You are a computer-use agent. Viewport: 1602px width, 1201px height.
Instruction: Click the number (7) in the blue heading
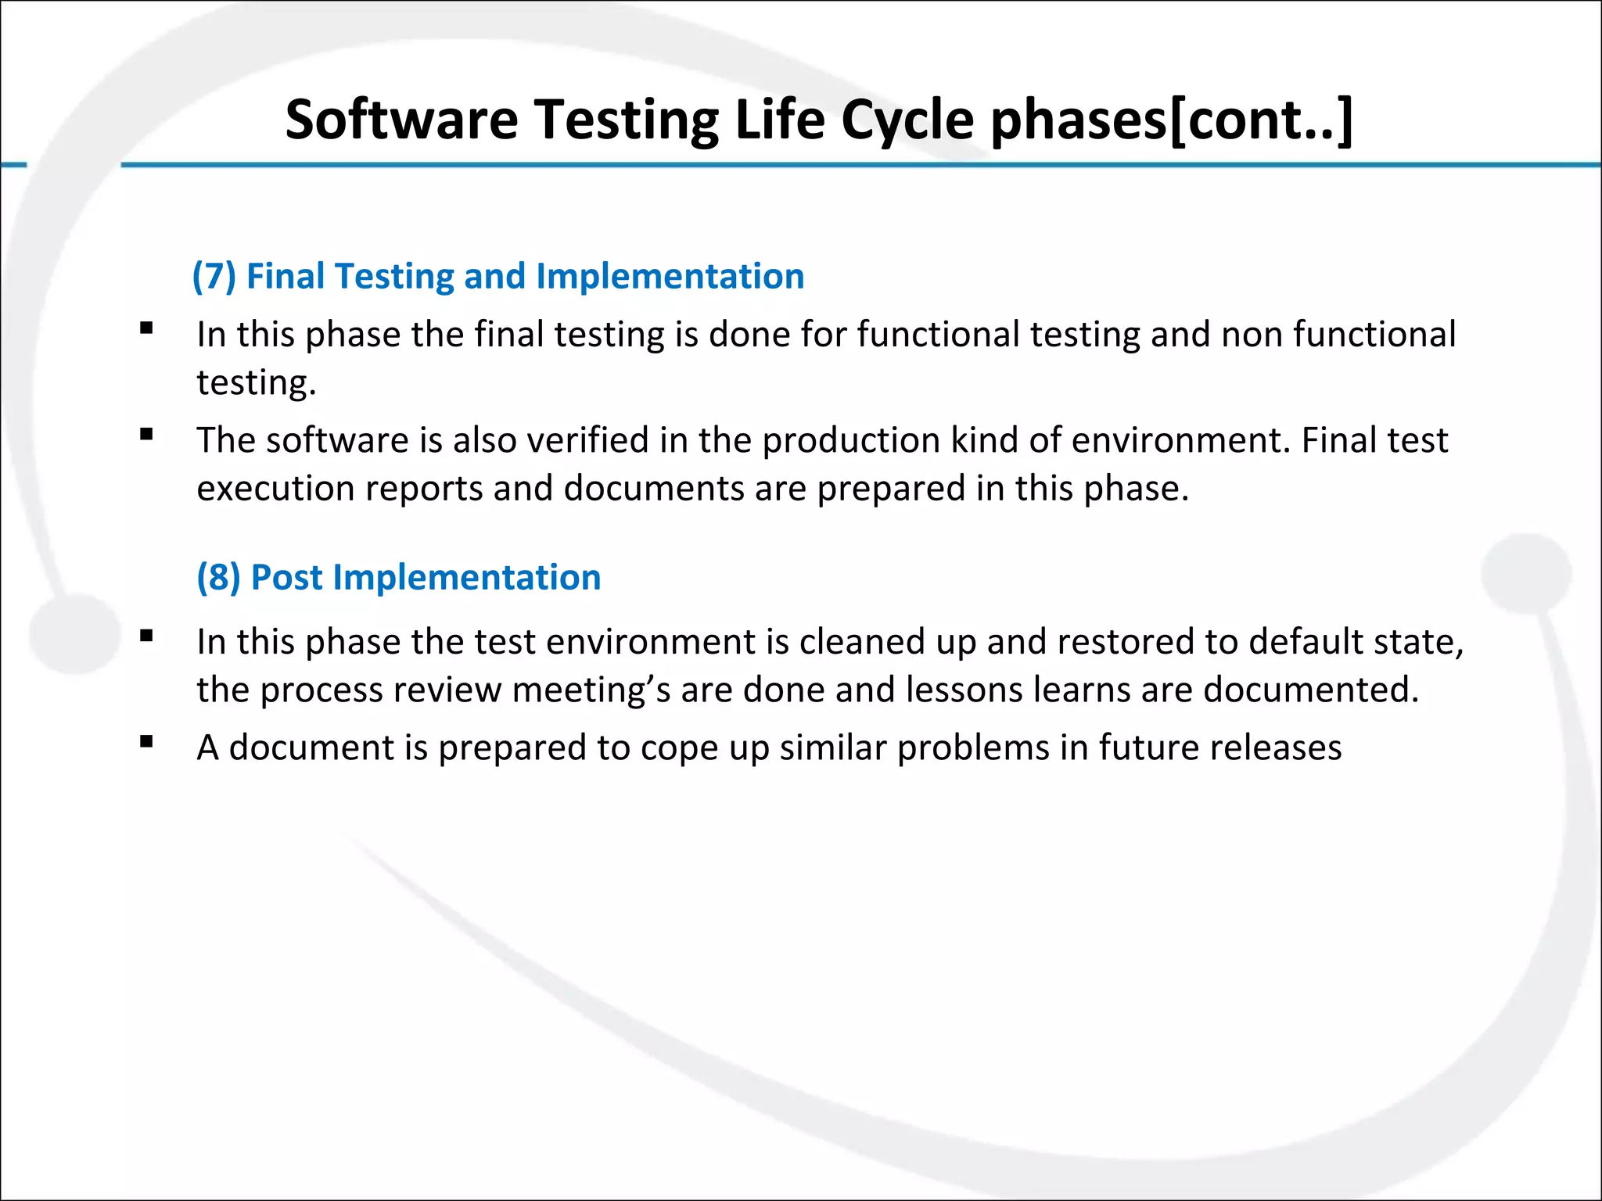pyautogui.click(x=214, y=276)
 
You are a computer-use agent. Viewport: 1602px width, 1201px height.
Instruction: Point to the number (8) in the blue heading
pyautogui.click(x=218, y=577)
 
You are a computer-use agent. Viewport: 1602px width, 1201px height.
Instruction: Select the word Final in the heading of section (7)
pyautogui.click(x=286, y=276)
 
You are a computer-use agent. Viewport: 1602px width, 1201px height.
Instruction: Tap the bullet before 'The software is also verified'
pyautogui.click(x=146, y=435)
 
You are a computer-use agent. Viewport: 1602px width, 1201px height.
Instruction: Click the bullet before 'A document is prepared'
pyautogui.click(x=146, y=742)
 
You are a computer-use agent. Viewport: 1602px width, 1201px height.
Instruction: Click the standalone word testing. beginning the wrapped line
pyautogui.click(x=256, y=383)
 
